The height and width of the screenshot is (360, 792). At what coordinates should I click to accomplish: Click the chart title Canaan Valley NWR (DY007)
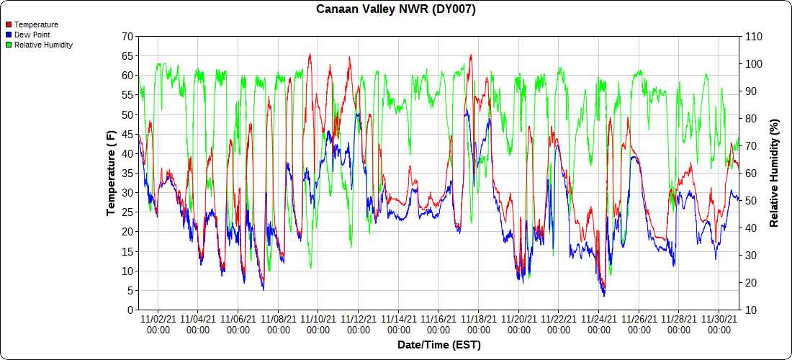pyautogui.click(x=396, y=9)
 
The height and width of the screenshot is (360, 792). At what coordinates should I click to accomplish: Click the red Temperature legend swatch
pyautogui.click(x=8, y=24)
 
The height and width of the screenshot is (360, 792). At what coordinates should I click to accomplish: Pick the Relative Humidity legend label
pyautogui.click(x=43, y=45)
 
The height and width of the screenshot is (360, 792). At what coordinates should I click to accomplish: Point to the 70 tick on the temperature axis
pyautogui.click(x=127, y=36)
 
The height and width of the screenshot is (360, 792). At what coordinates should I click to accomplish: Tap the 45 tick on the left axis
pyautogui.click(x=127, y=134)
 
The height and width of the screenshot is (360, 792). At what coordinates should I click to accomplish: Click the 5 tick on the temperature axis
pyautogui.click(x=130, y=291)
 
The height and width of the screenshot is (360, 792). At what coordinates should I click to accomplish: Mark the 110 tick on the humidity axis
pyautogui.click(x=752, y=36)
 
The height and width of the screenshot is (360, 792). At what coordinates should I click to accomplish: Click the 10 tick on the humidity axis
pyautogui.click(x=750, y=310)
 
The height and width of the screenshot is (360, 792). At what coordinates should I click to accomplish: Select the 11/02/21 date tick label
pyautogui.click(x=158, y=324)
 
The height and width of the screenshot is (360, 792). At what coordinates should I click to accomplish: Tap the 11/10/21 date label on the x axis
pyautogui.click(x=318, y=324)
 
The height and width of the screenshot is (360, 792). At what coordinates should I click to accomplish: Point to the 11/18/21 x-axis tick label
pyautogui.click(x=479, y=324)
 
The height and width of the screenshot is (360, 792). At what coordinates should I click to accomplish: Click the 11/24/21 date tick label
pyautogui.click(x=599, y=324)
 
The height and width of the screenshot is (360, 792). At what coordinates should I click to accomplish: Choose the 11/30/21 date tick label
pyautogui.click(x=719, y=324)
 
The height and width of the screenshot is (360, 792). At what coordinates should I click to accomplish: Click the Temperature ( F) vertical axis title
pyautogui.click(x=111, y=173)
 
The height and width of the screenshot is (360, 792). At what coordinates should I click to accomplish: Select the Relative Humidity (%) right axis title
pyautogui.click(x=774, y=173)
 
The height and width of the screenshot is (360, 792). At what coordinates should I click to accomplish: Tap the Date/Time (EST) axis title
pyautogui.click(x=438, y=345)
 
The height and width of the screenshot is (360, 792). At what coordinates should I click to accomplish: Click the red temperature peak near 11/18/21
pyautogui.click(x=471, y=55)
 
